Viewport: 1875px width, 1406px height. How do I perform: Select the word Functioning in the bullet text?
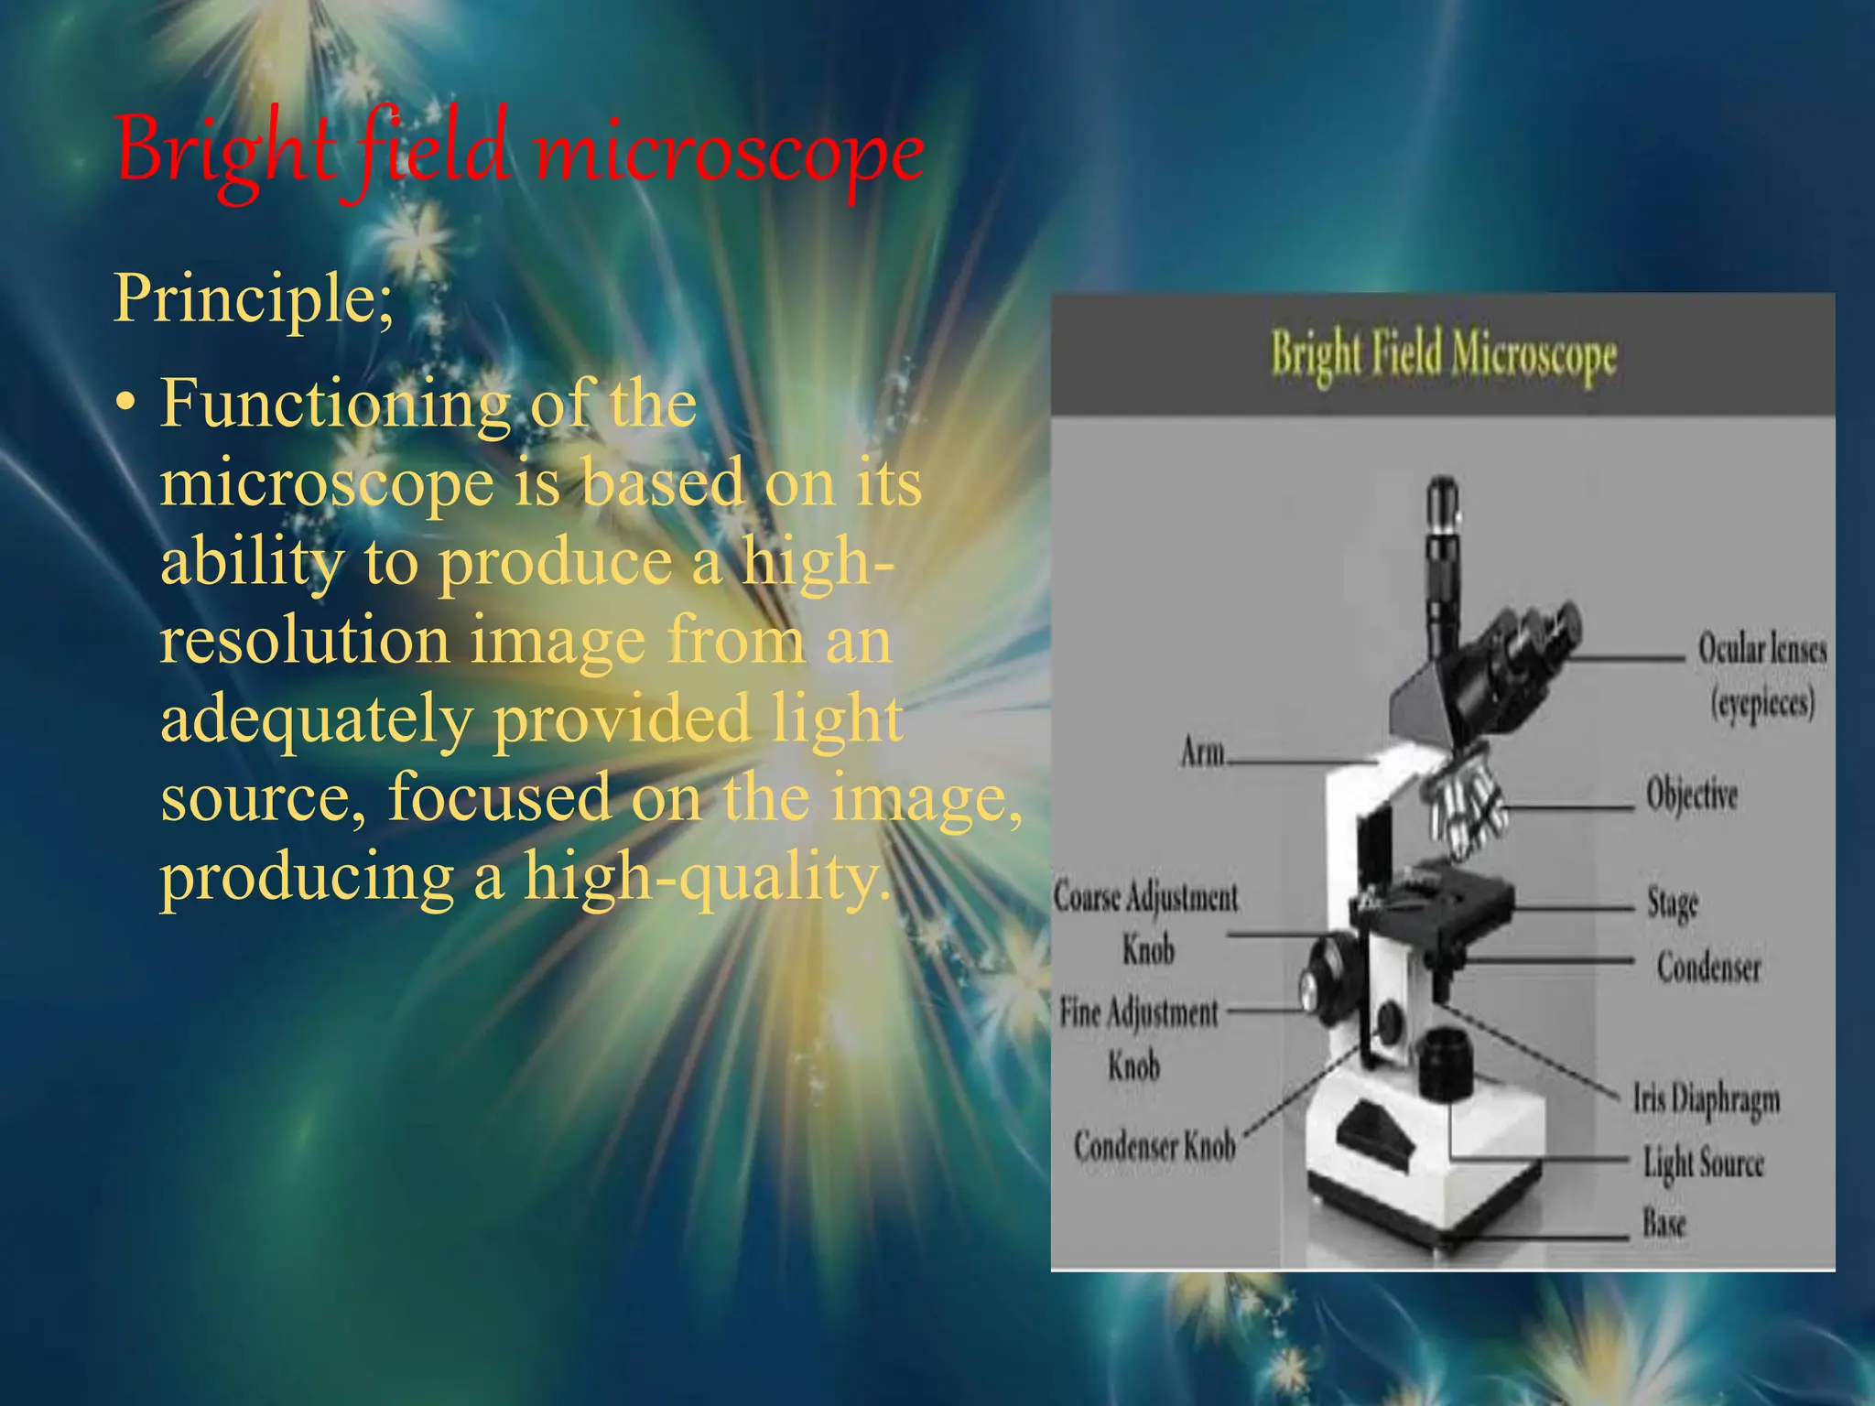(x=334, y=404)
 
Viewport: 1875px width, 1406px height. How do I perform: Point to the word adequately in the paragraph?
(x=316, y=719)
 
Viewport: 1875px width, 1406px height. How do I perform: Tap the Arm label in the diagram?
(x=1202, y=752)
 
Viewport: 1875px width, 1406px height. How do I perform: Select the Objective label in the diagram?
(x=1691, y=795)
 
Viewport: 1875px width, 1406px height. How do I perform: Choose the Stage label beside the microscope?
(x=1672, y=903)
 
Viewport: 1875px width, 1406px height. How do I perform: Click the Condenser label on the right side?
(x=1708, y=967)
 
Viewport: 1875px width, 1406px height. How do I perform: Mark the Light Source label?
(x=1703, y=1163)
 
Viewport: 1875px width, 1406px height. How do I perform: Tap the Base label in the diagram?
(x=1664, y=1223)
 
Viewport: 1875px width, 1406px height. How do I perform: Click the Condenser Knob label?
(x=1154, y=1146)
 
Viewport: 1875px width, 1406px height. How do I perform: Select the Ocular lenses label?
(x=1762, y=650)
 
